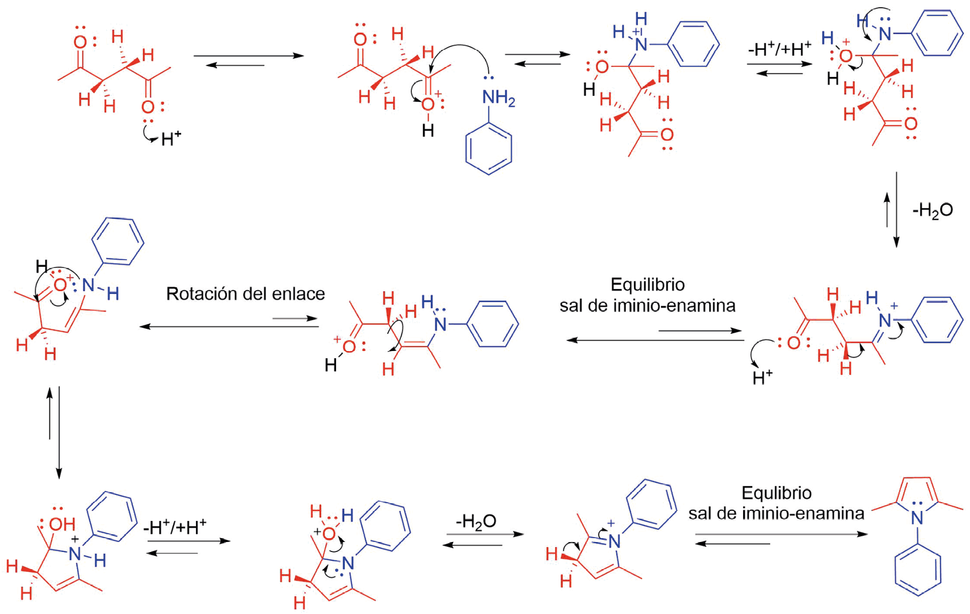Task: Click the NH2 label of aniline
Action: [498, 99]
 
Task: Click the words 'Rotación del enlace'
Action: [245, 293]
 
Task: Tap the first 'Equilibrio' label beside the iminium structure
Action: [647, 285]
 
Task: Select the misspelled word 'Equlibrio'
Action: [776, 493]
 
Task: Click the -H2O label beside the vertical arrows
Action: [932, 210]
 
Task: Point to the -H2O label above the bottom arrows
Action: [476, 521]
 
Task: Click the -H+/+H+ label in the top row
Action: [779, 49]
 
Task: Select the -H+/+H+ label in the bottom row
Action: [174, 527]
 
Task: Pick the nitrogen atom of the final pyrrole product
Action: [917, 518]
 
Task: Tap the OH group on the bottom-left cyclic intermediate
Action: [62, 524]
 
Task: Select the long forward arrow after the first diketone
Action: [249, 55]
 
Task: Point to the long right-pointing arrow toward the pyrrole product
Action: [781, 534]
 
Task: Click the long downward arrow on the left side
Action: [59, 432]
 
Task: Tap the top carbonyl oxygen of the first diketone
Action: [80, 42]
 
